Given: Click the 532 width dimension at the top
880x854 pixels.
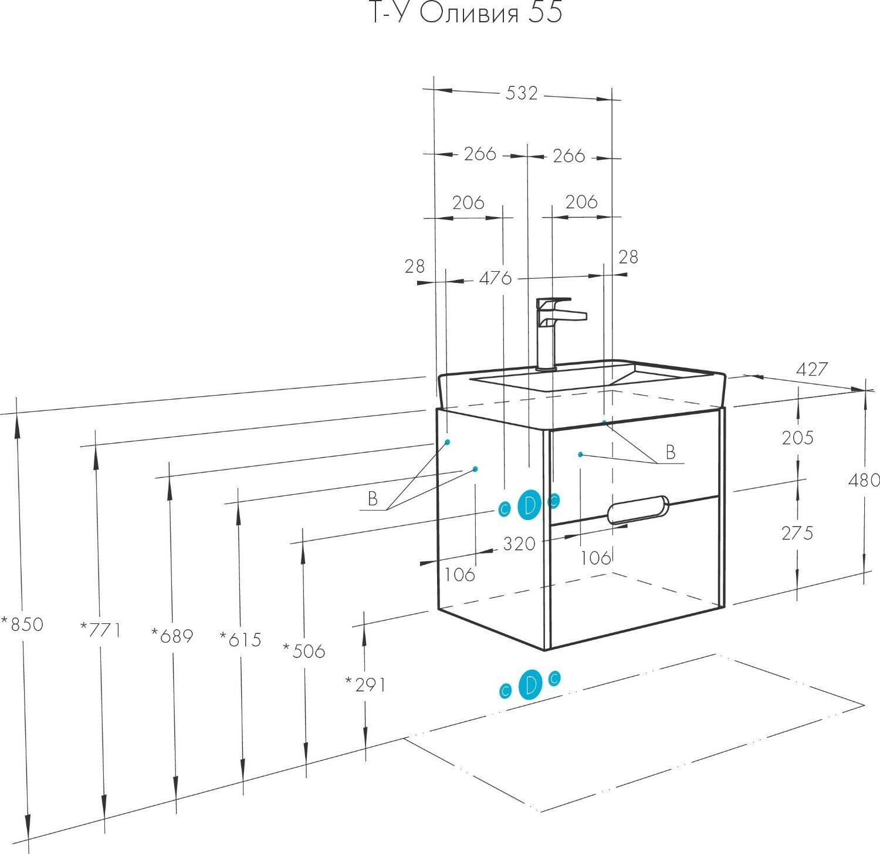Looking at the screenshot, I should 521,93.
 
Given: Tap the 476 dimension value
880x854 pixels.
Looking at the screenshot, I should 496,278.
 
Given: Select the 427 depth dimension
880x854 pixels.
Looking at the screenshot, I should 812,369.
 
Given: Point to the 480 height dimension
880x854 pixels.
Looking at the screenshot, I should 864,480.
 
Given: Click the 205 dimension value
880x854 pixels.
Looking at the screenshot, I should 797,438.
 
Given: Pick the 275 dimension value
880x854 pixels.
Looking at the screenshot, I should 797,533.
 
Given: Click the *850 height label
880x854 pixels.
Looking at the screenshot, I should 22,624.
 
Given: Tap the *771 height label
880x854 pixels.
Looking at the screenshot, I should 101,630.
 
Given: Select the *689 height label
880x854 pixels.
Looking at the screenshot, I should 172,635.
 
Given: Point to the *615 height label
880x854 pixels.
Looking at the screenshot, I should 241,639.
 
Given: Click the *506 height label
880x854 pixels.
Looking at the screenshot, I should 304,650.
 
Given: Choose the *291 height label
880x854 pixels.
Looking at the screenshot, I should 365,684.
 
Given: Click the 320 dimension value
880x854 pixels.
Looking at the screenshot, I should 519,544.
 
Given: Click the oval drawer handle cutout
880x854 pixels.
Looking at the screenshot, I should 638,509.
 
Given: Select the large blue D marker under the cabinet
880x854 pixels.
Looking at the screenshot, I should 530,685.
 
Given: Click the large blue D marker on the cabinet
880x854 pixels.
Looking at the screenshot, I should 530,505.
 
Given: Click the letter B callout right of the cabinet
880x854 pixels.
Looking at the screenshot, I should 671,452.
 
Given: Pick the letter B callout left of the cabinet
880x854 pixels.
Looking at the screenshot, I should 373,499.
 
